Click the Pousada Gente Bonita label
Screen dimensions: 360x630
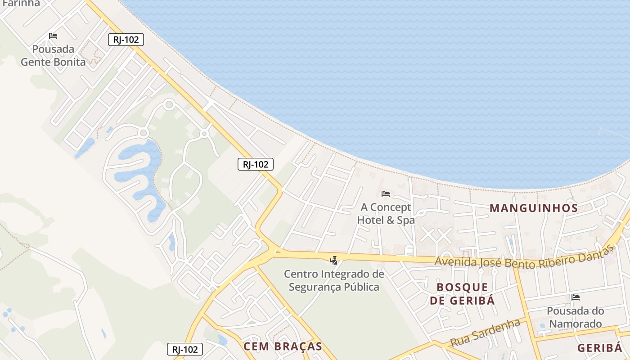click(x=53, y=55)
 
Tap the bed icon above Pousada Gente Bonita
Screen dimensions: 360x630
click(x=53, y=36)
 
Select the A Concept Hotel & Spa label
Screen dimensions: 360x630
click(x=386, y=214)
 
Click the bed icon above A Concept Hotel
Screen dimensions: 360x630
click(x=386, y=194)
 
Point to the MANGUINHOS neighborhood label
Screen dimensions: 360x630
click(x=534, y=208)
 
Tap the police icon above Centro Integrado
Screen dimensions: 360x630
click(x=333, y=260)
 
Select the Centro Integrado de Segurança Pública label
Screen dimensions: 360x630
click(x=334, y=280)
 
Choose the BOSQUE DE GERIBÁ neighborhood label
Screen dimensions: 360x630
click(x=462, y=294)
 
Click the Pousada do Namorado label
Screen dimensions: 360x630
click(x=576, y=317)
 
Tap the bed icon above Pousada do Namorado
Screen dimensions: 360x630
click(x=576, y=297)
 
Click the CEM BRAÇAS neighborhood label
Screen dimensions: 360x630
click(x=283, y=346)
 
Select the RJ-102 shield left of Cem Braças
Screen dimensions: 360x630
click(x=185, y=349)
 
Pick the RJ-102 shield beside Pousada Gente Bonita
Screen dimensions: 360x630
click(x=126, y=40)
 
